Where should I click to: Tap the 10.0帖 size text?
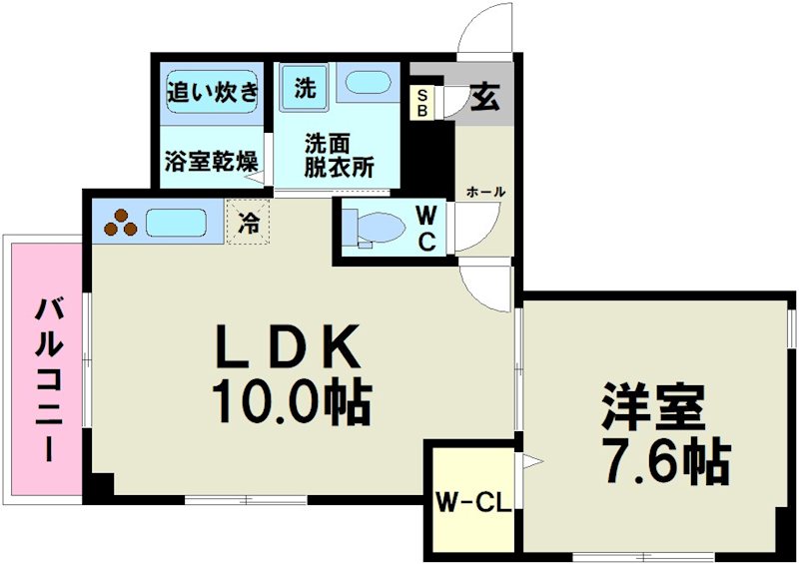(x=290, y=402)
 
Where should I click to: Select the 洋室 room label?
(x=653, y=405)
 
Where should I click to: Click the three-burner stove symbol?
(x=119, y=221)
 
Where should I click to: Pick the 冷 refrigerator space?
(x=247, y=223)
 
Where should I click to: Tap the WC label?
(x=425, y=229)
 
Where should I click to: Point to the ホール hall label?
(x=485, y=192)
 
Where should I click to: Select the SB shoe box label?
(x=422, y=102)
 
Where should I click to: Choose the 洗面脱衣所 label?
(x=340, y=154)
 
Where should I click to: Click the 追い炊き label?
(x=212, y=92)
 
